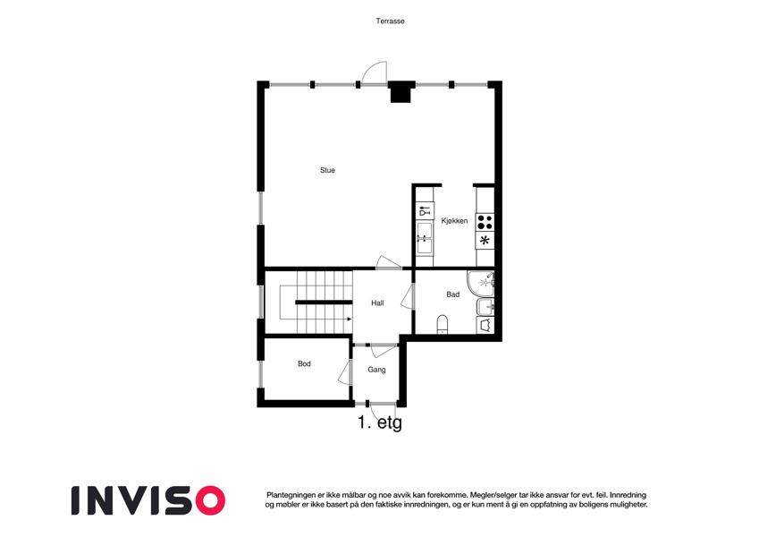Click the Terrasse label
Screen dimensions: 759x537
pos(390,21)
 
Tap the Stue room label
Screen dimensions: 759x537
pos(327,170)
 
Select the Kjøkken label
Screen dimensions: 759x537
pos(454,221)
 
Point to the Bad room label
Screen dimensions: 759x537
pos(453,294)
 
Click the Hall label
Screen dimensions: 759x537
pos(377,303)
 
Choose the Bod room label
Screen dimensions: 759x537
pos(304,363)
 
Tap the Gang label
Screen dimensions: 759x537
pos(376,370)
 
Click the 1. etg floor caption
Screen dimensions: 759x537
pos(380,422)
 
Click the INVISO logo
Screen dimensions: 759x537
pos(148,500)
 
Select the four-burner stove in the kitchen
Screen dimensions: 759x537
pos(485,223)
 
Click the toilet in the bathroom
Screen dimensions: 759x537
pos(443,324)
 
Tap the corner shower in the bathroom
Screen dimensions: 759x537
pos(481,284)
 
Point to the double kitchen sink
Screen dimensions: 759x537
pos(425,237)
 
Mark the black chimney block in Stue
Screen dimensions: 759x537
pos(401,92)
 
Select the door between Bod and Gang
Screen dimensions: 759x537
pos(345,373)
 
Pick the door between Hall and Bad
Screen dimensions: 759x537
pos(408,297)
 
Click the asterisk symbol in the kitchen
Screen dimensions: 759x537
pos(485,240)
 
